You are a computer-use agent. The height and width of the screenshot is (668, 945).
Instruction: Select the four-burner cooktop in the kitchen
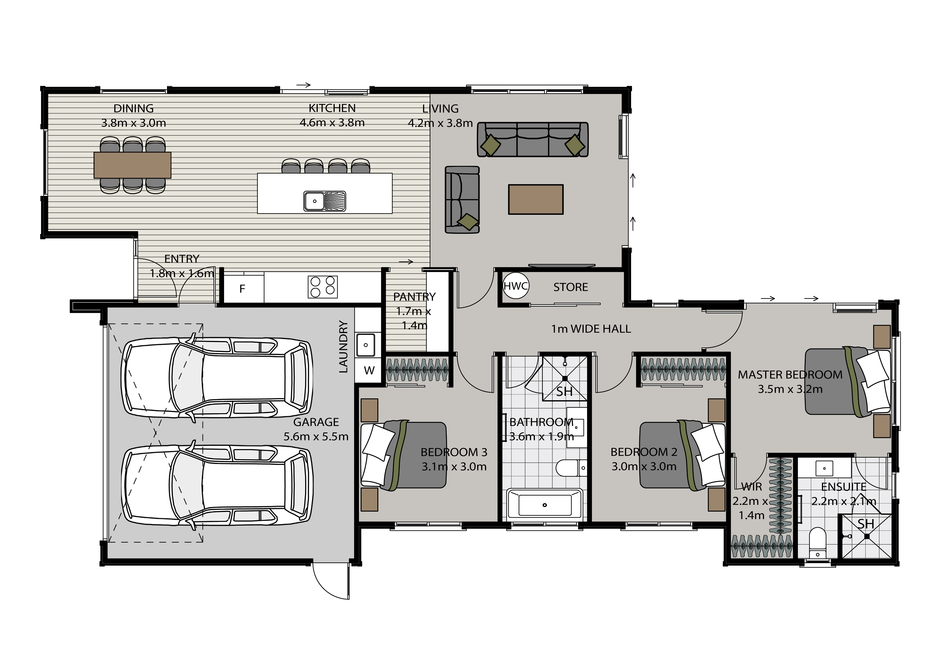(x=323, y=287)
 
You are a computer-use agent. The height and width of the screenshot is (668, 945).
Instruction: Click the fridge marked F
(x=242, y=289)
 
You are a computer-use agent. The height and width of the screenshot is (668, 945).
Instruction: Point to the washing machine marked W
(x=369, y=371)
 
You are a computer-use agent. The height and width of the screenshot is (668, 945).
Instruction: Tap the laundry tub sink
(x=366, y=345)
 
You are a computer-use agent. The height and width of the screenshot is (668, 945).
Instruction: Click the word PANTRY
(x=414, y=296)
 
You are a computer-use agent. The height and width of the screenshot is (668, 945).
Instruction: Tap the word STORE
(x=571, y=287)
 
